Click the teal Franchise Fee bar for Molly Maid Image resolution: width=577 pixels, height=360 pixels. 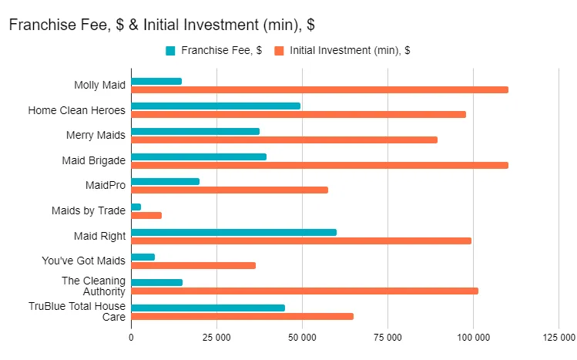(156, 81)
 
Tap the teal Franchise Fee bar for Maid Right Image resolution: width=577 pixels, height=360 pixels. (233, 232)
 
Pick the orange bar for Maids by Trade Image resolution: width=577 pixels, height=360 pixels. (146, 215)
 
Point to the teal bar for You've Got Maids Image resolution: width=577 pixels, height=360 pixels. (143, 257)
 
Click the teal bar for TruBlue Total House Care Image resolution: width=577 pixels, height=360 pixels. (208, 308)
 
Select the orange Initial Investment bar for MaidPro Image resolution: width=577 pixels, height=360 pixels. (230, 190)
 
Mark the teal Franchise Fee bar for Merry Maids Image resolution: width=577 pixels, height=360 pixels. (195, 131)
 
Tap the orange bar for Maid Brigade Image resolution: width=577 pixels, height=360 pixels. (320, 165)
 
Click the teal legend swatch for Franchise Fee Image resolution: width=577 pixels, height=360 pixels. (170, 51)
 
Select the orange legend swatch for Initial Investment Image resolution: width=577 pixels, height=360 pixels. (279, 51)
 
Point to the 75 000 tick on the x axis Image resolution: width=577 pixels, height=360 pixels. (387, 337)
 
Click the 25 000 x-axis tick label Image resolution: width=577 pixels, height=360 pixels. (216, 337)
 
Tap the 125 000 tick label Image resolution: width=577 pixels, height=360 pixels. (558, 337)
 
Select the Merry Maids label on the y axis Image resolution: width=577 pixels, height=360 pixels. (96, 136)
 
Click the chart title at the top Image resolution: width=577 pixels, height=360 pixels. (161, 25)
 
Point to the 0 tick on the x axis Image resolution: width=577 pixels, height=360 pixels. (131, 337)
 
